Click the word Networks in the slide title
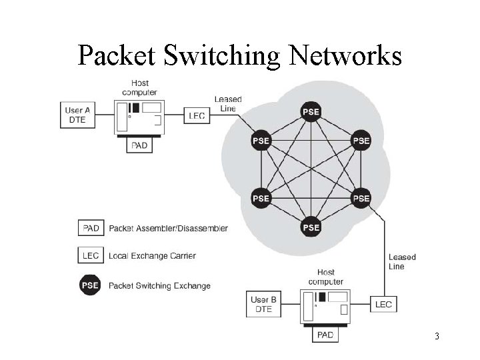(x=346, y=56)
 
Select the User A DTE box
(x=77, y=115)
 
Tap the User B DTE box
(x=264, y=304)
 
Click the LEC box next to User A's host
(x=197, y=115)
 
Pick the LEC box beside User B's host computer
(x=383, y=304)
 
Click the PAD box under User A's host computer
(x=139, y=145)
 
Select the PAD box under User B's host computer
(x=325, y=334)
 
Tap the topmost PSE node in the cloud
(x=311, y=111)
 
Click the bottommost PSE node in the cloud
(x=311, y=227)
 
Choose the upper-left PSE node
(x=261, y=141)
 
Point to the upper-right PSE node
(x=361, y=141)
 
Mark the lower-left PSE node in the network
(x=261, y=198)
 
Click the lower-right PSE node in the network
(x=361, y=198)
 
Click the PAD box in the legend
(x=91, y=228)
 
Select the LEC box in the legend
(x=91, y=255)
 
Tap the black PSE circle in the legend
(x=90, y=285)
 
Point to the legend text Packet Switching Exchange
(x=159, y=286)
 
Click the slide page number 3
(x=437, y=336)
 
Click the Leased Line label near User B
(x=402, y=261)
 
